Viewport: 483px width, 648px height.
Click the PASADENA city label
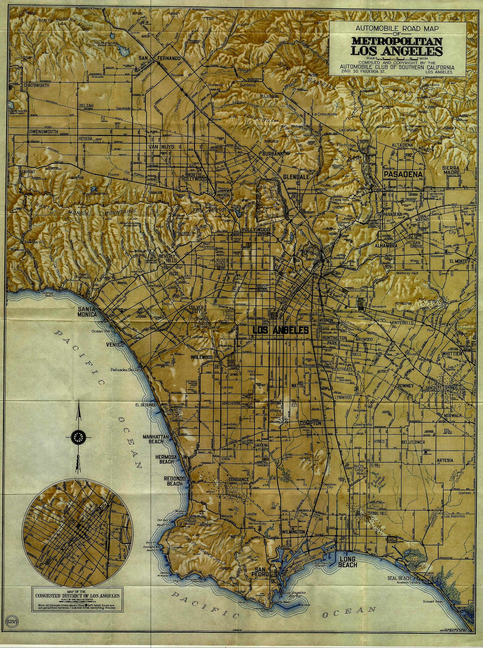403,174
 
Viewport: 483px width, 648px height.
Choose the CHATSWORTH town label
36,85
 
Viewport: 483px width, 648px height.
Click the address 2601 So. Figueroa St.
363,72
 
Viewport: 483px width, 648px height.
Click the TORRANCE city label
239,479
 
